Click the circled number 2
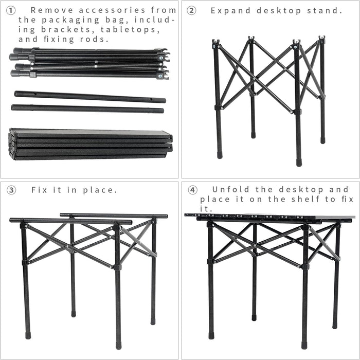[191, 10]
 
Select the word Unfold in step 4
[229, 189]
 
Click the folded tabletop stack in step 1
[90, 143]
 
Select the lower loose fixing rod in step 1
[87, 109]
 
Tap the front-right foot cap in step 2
[299, 162]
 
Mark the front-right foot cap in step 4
[304, 345]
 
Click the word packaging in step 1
[73, 20]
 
